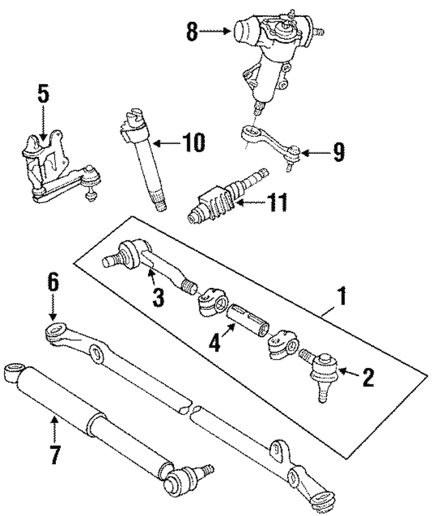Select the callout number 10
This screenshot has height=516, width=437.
pos(193,143)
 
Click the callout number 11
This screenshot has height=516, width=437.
pos(277,203)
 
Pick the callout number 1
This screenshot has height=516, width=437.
pos(342,298)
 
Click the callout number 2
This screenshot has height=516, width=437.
pos(368,377)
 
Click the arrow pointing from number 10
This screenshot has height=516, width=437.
pos(165,143)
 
